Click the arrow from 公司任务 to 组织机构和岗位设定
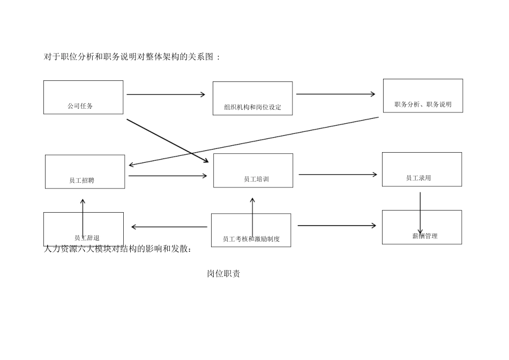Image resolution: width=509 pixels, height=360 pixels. (166, 95)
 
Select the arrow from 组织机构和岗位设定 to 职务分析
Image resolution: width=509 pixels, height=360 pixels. (336, 94)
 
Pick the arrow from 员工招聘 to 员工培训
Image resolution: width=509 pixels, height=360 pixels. (168, 176)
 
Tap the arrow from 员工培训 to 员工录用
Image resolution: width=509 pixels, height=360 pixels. (338, 175)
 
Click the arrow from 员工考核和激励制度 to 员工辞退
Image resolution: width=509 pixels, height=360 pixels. (169, 227)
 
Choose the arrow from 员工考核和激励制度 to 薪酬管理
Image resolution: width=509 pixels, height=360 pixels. (336, 226)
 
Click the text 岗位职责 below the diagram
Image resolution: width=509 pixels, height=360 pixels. (223, 274)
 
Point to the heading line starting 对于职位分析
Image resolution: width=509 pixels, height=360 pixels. (132, 57)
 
